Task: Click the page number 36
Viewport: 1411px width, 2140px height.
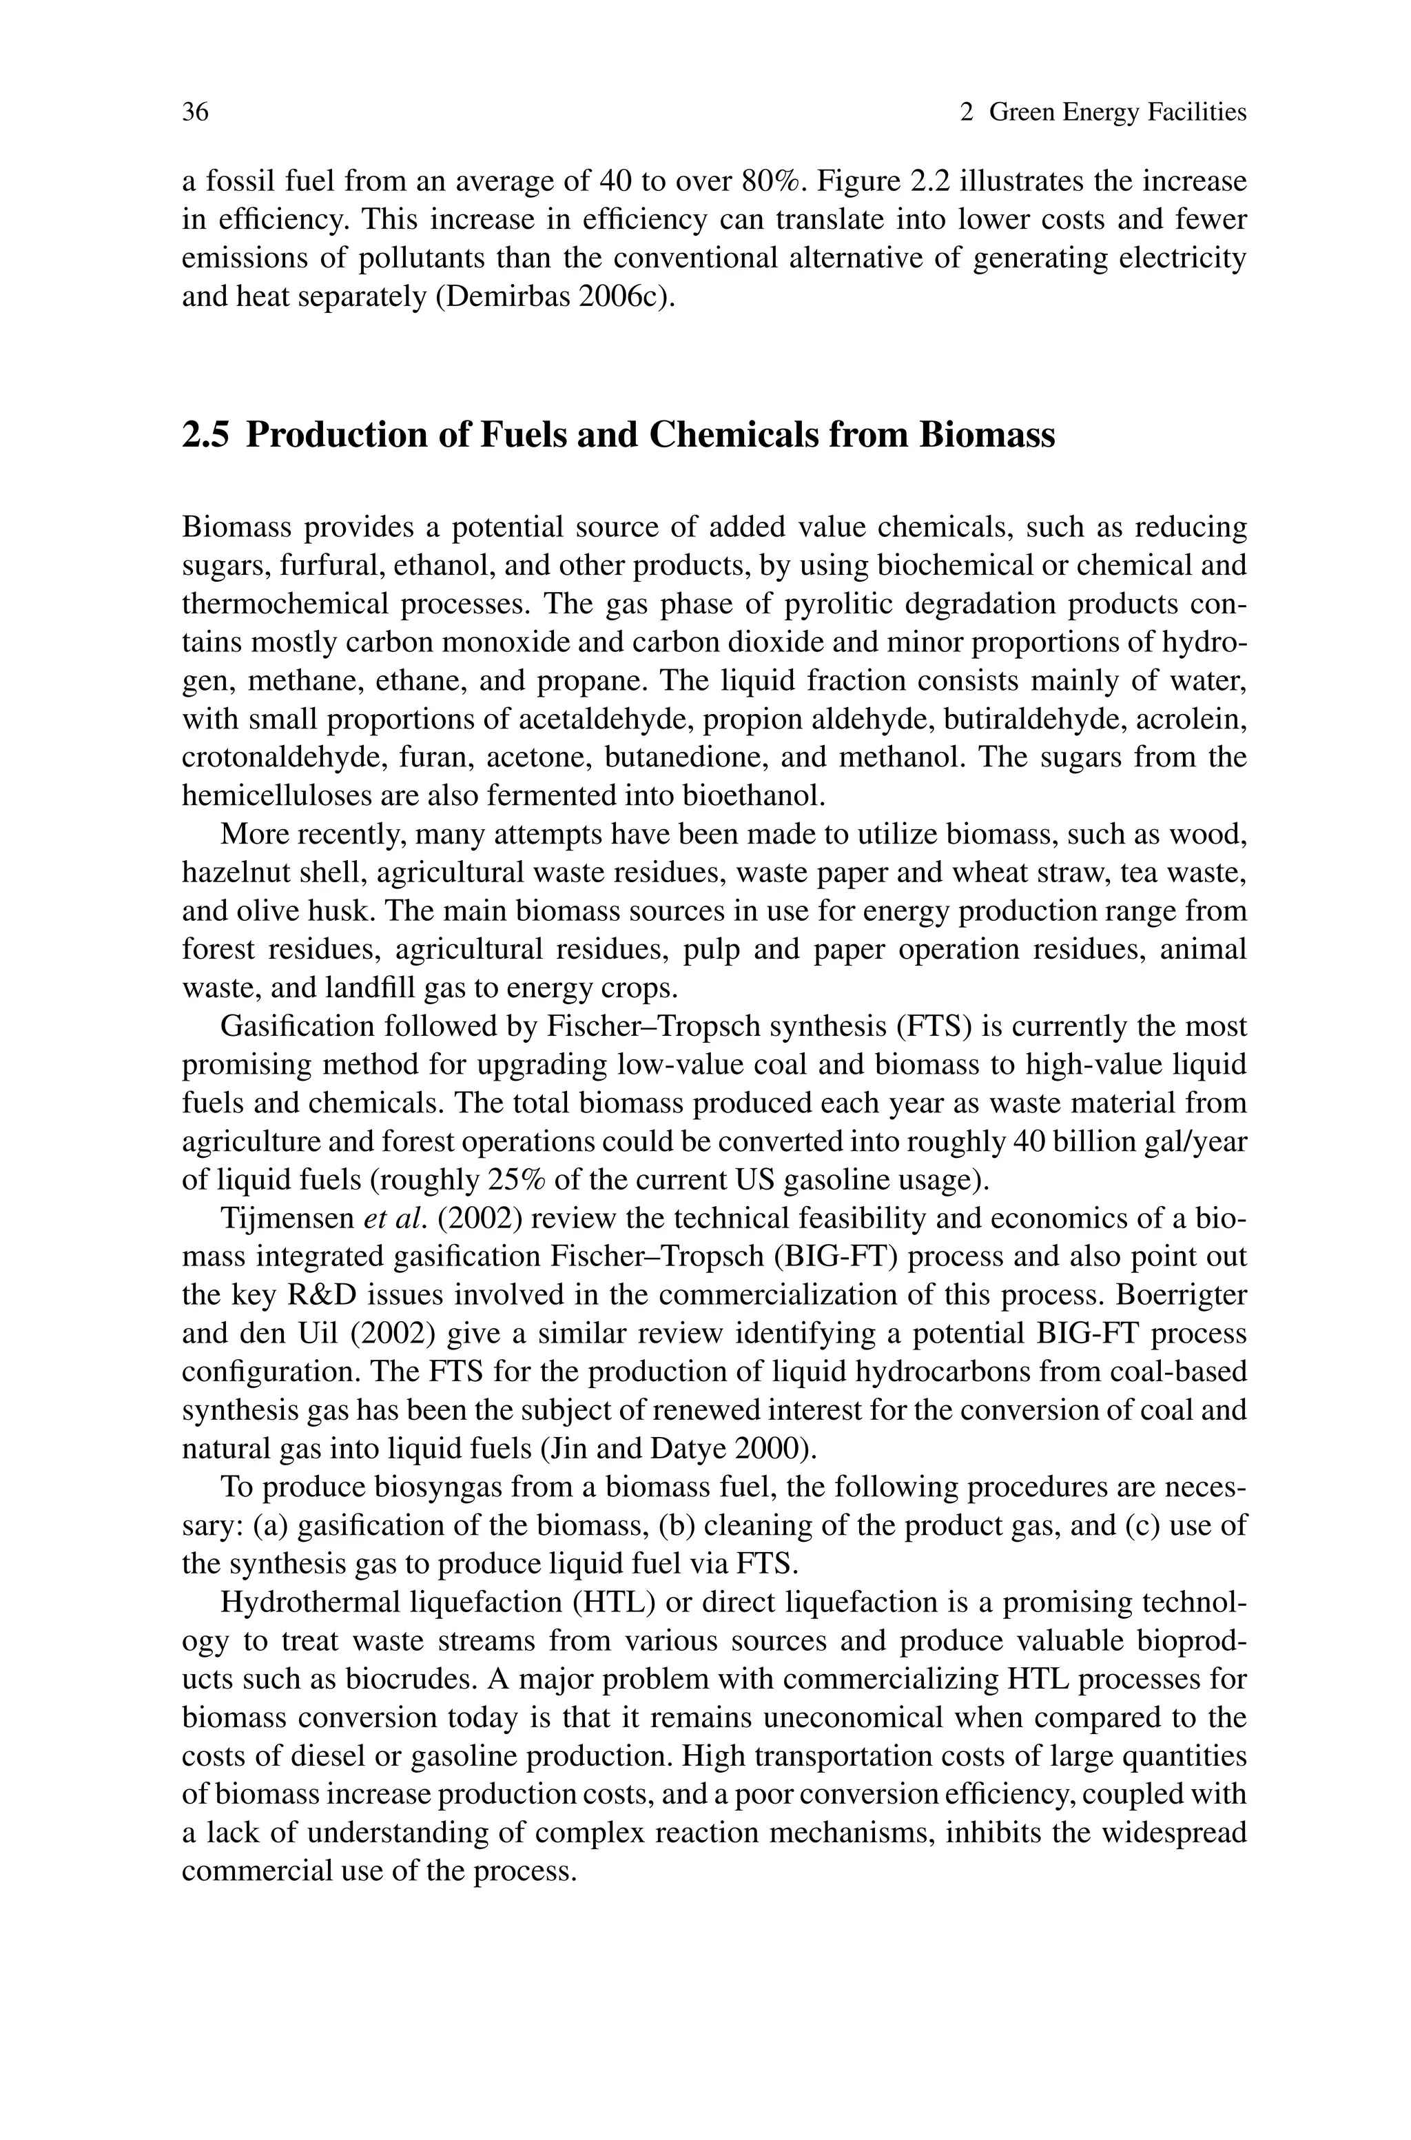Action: (195, 112)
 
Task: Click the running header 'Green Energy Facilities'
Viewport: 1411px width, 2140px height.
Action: (1117, 112)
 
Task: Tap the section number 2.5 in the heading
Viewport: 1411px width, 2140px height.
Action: (205, 435)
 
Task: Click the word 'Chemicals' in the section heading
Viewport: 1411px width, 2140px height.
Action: (733, 435)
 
